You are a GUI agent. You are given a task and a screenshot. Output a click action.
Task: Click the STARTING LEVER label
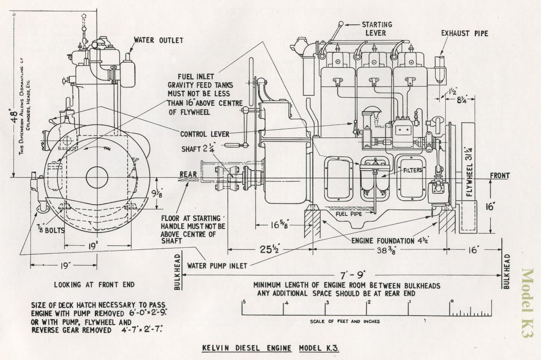pos(377,29)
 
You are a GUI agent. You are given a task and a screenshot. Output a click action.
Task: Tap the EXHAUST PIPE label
pos(464,33)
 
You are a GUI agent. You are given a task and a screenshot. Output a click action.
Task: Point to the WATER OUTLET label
pos(158,40)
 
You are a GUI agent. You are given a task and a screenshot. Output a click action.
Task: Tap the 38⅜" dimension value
pos(388,250)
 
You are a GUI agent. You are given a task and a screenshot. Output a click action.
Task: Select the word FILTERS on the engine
pos(412,170)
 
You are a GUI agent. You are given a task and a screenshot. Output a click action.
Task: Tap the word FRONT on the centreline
pos(500,176)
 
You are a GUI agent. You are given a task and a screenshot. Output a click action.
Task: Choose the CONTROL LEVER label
pos(205,134)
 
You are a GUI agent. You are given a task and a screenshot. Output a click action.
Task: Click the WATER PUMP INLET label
pos(217,266)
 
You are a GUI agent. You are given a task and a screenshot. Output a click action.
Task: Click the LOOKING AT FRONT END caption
pos(94,285)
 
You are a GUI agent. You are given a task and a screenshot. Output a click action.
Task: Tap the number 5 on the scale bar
pos(244,302)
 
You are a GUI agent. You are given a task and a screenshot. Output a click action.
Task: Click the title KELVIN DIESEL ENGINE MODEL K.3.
pos(270,348)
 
